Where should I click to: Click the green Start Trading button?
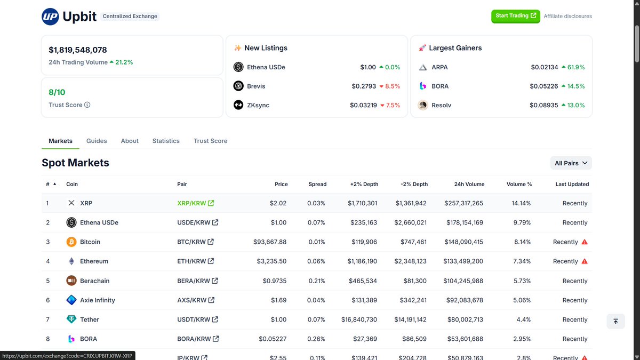[515, 16]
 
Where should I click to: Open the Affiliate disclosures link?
[567, 16]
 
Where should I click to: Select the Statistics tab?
[166, 141]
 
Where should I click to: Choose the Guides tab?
[97, 141]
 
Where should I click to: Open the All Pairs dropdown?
[571, 163]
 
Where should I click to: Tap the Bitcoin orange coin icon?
[71, 242]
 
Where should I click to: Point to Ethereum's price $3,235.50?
[271, 261]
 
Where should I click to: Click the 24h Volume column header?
[469, 184]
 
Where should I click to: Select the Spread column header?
[317, 184]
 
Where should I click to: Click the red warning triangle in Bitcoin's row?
[585, 242]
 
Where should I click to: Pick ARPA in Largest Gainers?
[439, 67]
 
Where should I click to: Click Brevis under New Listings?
[255, 86]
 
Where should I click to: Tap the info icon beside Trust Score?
[87, 105]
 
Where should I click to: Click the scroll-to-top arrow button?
[615, 321]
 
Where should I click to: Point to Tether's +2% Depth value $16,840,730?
[359, 319]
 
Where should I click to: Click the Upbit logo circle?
[50, 17]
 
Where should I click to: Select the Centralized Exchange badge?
[130, 17]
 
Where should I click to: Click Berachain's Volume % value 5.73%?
[522, 281]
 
